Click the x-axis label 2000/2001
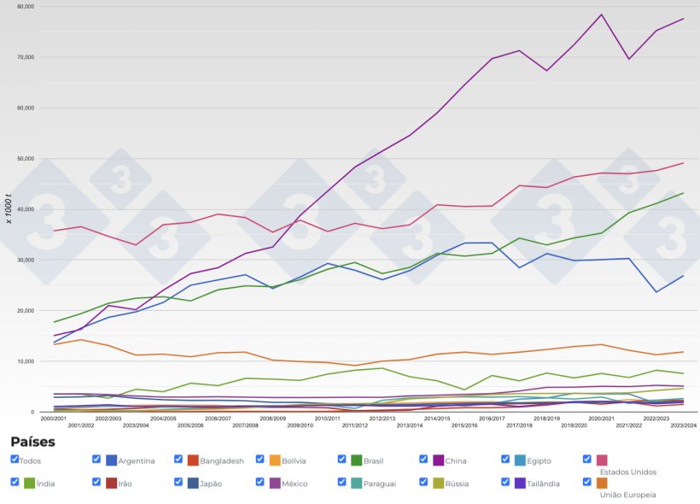(x=54, y=419)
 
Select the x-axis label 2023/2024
(x=683, y=425)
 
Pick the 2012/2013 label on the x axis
(x=382, y=419)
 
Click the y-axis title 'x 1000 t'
(x=9, y=209)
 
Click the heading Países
(x=32, y=442)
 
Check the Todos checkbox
(x=15, y=460)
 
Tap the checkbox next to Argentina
(x=96, y=460)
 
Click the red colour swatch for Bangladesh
(x=193, y=460)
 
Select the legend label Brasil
(x=373, y=461)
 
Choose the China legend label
(x=456, y=461)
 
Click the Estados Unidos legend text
(x=627, y=472)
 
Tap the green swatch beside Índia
(x=29, y=483)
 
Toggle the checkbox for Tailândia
(x=506, y=482)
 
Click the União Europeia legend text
(x=627, y=495)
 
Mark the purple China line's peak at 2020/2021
(x=602, y=15)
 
